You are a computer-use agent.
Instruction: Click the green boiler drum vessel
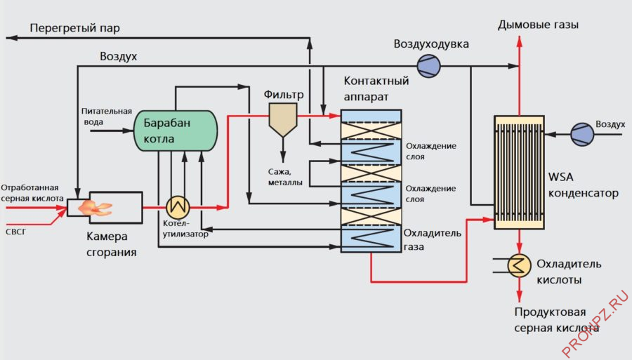pyautogui.click(x=176, y=131)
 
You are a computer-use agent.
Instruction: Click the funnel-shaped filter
pyautogui.click(x=283, y=119)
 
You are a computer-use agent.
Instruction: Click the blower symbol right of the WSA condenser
pyautogui.click(x=581, y=133)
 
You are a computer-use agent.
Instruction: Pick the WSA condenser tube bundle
pyautogui.click(x=519, y=172)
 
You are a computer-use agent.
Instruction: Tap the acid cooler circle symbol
pyautogui.click(x=519, y=265)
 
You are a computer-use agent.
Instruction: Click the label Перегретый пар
pyautogui.click(x=75, y=28)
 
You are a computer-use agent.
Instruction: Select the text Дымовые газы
pyautogui.click(x=538, y=25)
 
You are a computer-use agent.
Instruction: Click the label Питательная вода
pyautogui.click(x=106, y=116)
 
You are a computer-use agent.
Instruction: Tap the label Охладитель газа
pyautogui.click(x=433, y=239)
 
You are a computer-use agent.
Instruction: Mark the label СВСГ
pyautogui.click(x=15, y=229)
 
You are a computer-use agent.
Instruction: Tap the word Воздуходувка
pyautogui.click(x=430, y=44)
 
